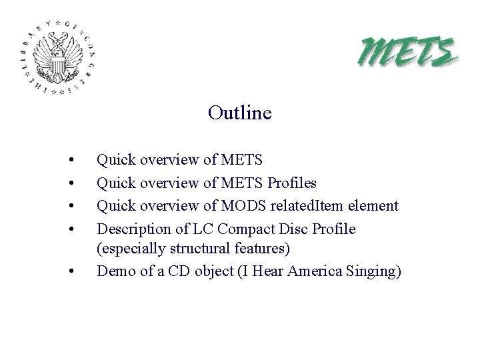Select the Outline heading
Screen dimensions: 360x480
point(239,113)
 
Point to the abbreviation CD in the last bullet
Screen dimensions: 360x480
point(179,271)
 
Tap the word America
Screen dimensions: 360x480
point(314,271)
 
